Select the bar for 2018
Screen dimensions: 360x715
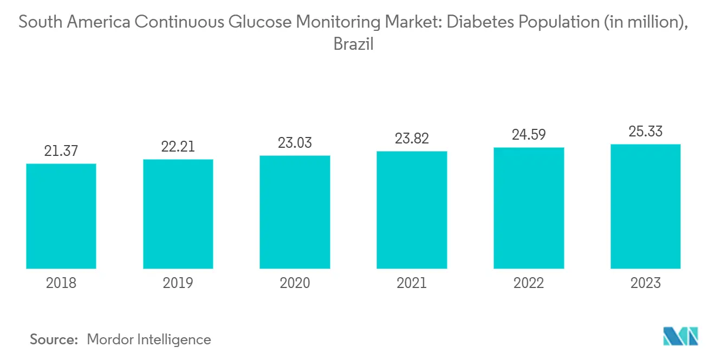61,216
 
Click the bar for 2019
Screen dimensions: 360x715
178,214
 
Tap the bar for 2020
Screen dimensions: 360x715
295,212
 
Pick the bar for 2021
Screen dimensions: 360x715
412,210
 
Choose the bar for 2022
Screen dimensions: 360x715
529,208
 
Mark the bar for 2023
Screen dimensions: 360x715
646,206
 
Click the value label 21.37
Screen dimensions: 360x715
61,151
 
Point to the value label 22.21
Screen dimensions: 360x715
178,147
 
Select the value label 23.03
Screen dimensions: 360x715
295,143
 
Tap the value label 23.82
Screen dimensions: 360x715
412,139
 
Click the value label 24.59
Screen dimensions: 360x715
529,135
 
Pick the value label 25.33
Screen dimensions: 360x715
646,132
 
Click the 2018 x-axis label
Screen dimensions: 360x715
61,283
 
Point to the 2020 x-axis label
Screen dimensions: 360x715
295,283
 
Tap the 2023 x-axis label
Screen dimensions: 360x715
646,283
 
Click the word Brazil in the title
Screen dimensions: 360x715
354,44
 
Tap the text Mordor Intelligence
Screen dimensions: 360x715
148,339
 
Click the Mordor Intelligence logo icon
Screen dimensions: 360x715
681,336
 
